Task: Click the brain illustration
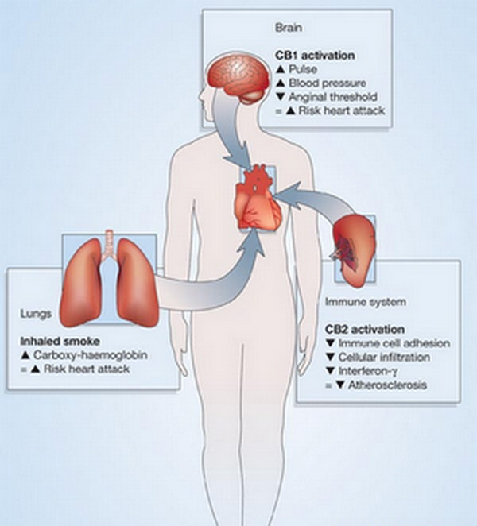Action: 238,77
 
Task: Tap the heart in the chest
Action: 258,198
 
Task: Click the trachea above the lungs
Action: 109,245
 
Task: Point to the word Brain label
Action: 289,28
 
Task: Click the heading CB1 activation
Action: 315,56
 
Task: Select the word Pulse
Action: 303,69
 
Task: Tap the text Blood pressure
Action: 328,83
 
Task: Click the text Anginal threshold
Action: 333,97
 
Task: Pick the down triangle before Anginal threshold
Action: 281,97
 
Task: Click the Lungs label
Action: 36,314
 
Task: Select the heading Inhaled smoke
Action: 60,342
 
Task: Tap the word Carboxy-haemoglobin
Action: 91,355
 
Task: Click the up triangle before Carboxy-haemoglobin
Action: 25,355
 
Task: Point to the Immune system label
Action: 366,302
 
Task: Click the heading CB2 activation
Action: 365,330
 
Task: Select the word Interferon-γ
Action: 368,371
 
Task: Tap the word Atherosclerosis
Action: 387,385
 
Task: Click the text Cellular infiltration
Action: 384,358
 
